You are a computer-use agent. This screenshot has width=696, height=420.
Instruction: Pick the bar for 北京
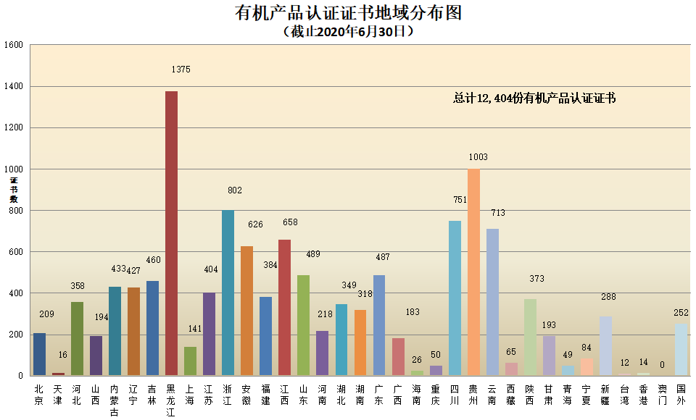click(x=39, y=354)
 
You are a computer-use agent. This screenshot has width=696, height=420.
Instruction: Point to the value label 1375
click(x=181, y=70)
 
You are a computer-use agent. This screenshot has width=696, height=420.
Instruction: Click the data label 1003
click(x=478, y=157)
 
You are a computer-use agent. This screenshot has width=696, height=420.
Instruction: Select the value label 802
click(x=233, y=190)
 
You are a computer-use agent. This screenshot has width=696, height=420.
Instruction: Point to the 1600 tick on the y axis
click(x=14, y=45)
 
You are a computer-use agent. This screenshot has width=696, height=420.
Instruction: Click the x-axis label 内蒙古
click(x=115, y=400)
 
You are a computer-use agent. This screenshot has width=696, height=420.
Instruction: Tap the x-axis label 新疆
click(x=605, y=395)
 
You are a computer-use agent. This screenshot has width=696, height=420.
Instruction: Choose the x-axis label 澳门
click(x=662, y=395)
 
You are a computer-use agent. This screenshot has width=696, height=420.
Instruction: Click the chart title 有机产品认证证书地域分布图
click(x=348, y=13)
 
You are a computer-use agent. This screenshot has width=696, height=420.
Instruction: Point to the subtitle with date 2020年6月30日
click(x=348, y=31)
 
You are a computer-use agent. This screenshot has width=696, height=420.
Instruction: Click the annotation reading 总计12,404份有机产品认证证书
click(x=534, y=98)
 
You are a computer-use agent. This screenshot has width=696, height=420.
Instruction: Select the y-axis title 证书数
click(x=13, y=189)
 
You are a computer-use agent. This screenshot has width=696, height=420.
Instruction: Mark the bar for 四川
click(x=455, y=298)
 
